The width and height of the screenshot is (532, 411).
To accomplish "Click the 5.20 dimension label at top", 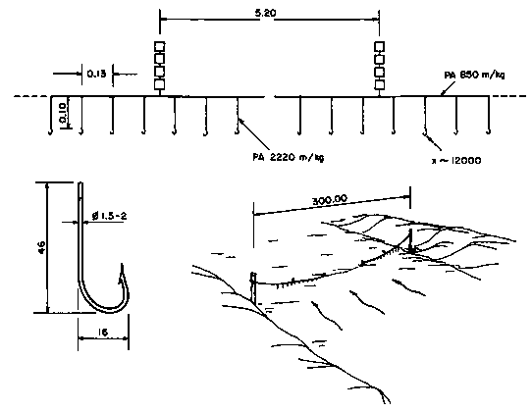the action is click(x=266, y=13).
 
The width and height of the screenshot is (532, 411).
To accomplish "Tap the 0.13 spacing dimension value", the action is click(x=97, y=74).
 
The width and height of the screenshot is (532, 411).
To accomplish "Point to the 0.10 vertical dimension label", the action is click(x=63, y=114).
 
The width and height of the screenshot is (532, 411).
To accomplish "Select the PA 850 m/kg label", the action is click(x=474, y=75).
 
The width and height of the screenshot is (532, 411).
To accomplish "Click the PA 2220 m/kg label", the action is click(x=289, y=157).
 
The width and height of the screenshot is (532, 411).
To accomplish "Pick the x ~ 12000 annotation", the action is click(x=456, y=161).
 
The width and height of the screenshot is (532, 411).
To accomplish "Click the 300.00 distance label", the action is click(x=330, y=200).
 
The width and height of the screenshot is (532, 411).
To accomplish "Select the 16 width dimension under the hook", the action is click(x=103, y=333).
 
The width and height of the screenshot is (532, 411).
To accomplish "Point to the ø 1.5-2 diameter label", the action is click(x=109, y=216).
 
